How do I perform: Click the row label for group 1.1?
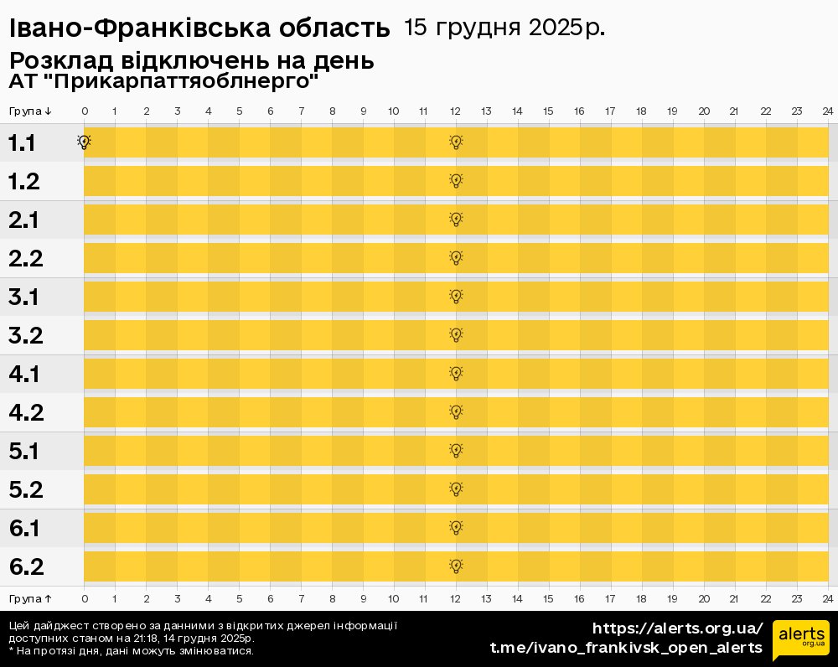pos(22,143)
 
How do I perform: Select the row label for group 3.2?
pos(25,336)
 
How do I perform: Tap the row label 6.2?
pos(26,567)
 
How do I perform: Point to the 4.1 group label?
pos(24,375)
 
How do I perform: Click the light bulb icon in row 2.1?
pos(456,220)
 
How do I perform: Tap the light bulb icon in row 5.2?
pos(456,489)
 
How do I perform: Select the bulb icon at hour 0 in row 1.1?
pos(84,142)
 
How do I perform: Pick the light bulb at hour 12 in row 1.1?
pos(456,142)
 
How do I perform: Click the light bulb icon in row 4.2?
pos(456,412)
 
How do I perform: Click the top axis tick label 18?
pos(641,111)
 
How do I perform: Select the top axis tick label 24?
pos(827,111)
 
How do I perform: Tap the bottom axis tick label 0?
pos(85,598)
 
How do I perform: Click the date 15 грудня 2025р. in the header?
pos(504,28)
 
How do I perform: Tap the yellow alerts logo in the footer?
pos(801,641)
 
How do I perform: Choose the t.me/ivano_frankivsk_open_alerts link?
pos(626,648)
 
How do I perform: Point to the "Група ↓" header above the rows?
pos(30,111)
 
